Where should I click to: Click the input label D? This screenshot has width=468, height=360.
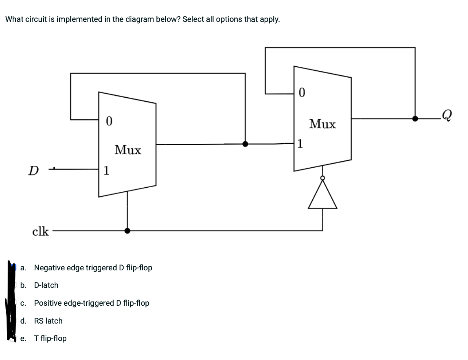click(x=34, y=170)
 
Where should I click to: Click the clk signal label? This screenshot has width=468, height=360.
click(x=40, y=231)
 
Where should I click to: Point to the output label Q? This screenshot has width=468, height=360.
click(x=446, y=115)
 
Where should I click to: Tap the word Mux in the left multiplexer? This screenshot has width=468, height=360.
click(x=128, y=150)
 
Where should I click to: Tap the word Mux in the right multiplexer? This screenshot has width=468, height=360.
click(x=323, y=124)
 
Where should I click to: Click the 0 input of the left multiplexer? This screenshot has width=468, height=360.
click(x=109, y=121)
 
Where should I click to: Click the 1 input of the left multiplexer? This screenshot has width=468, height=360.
click(x=106, y=170)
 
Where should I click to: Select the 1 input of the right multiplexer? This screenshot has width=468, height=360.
click(x=300, y=144)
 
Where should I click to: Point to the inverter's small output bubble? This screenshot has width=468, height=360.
click(x=322, y=178)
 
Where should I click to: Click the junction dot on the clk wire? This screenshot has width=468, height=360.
click(x=127, y=231)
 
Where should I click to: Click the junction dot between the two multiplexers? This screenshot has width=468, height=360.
click(x=245, y=144)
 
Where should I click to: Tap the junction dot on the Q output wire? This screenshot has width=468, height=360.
click(x=415, y=118)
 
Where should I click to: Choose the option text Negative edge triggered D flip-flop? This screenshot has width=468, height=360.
click(x=93, y=268)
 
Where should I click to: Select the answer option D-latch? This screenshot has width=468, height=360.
click(x=46, y=285)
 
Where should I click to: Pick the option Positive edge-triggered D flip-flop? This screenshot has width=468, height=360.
click(x=91, y=303)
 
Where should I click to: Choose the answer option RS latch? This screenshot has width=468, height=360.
click(x=48, y=321)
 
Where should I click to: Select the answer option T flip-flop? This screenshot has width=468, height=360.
click(x=50, y=339)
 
